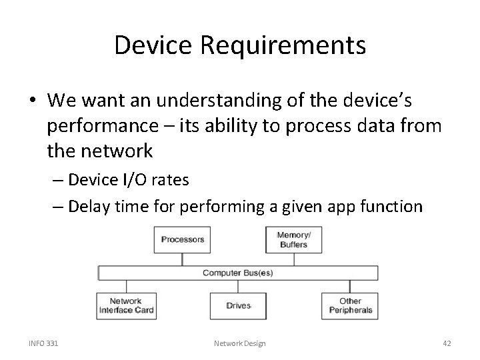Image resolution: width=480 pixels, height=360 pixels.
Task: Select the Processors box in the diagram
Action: point(183,240)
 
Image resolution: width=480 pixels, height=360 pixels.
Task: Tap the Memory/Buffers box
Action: point(293,240)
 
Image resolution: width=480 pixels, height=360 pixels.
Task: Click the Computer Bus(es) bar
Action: point(237,273)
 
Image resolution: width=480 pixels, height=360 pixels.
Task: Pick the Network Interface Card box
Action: point(125,306)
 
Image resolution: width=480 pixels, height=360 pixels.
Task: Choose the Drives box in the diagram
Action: point(238,306)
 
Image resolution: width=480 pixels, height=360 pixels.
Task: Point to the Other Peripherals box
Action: point(350,306)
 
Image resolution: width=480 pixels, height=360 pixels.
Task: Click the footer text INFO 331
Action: point(43,343)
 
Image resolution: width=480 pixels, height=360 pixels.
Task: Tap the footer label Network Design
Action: point(239,343)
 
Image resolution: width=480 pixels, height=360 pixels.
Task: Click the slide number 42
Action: point(447,343)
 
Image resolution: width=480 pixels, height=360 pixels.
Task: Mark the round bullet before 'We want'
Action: point(33,101)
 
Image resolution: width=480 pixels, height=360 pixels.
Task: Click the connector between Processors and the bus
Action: point(183,259)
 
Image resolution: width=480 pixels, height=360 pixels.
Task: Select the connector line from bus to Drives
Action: point(238,287)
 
